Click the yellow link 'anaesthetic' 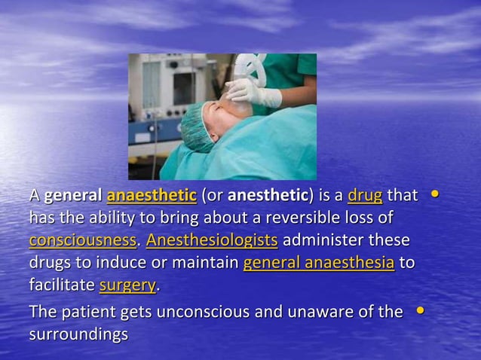[152, 197]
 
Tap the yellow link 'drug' [365, 197]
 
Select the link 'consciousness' [82, 241]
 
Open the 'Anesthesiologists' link [212, 241]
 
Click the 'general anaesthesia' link [318, 264]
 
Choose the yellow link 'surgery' [127, 286]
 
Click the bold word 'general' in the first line [73, 197]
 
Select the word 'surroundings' [78, 334]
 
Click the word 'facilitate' [62, 286]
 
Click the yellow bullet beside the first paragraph [434, 194]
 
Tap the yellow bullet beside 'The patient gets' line [420, 310]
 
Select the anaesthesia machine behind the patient [158, 98]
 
